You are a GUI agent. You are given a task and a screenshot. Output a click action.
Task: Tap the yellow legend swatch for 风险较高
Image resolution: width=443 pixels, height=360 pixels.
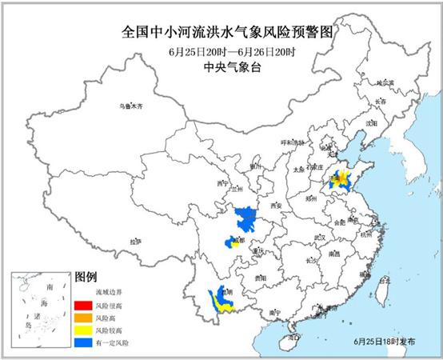pos(82,329)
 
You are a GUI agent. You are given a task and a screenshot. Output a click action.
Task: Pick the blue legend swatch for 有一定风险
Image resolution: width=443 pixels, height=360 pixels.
pos(82,341)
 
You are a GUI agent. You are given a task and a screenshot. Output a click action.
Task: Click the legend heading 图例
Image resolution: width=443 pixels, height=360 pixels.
pos(86,277)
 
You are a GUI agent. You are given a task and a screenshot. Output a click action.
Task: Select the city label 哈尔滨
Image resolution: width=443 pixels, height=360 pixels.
pos(387,82)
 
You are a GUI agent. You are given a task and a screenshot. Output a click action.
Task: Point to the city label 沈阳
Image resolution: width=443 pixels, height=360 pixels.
pos(369,125)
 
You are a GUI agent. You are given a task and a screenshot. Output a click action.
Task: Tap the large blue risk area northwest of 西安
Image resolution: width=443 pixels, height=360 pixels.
pos(245,216)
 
